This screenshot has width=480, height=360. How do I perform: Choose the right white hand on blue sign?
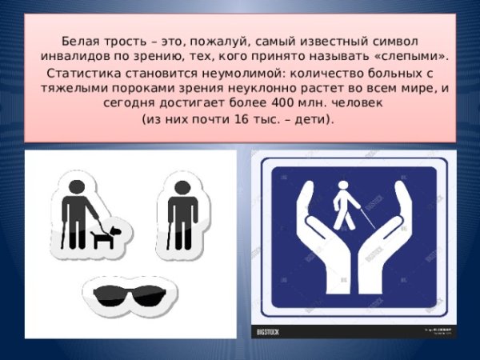click(391, 240)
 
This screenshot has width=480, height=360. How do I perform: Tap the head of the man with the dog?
click(74, 185)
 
